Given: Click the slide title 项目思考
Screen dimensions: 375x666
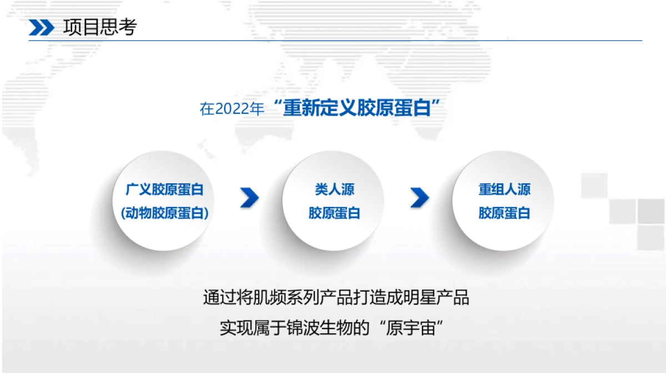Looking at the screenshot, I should (100, 27).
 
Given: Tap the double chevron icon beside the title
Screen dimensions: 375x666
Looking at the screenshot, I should (42, 27).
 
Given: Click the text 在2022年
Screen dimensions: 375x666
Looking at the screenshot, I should (232, 109).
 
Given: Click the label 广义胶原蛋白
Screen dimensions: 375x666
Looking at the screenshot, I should (164, 189).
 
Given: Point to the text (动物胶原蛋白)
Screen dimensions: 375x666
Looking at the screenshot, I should (164, 213).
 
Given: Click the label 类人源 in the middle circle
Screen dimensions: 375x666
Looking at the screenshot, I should (335, 189).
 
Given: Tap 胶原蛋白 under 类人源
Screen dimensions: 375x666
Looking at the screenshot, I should (335, 213).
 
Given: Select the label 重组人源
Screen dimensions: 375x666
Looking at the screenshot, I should (504, 189).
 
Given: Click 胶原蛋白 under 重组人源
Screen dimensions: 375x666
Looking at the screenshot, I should (504, 213).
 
